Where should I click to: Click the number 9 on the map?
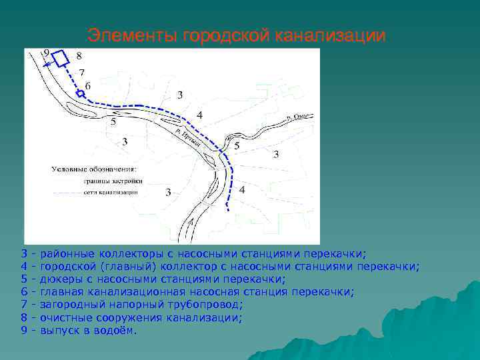46,52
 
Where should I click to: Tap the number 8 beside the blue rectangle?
79,56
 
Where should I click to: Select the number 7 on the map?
81,72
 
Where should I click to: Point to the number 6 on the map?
88,86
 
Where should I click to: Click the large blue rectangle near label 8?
61,58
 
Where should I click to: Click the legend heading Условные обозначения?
94,169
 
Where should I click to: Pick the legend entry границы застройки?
113,181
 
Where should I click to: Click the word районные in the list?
67,254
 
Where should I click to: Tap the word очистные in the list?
65,317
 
